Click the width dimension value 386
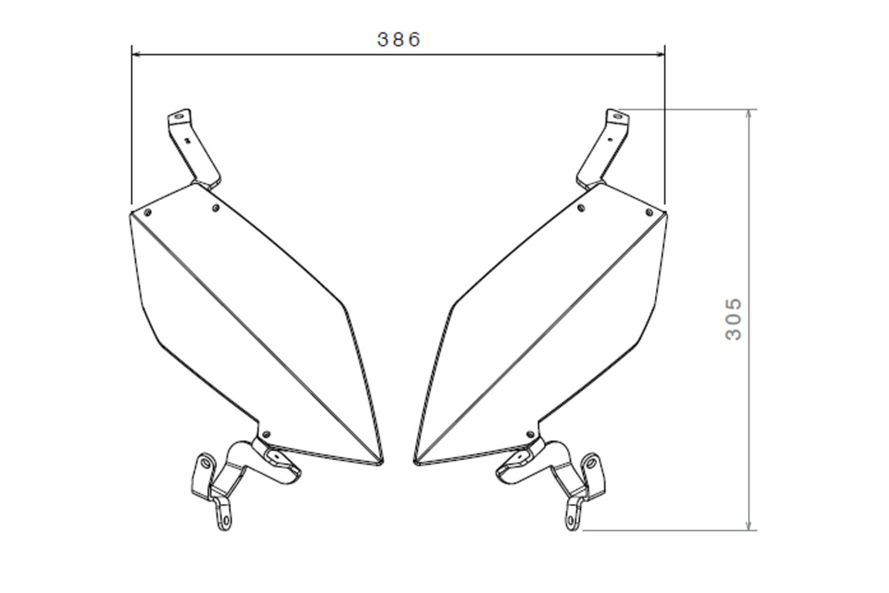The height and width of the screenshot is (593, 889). (x=399, y=39)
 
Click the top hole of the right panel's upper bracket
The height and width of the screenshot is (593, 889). (x=616, y=117)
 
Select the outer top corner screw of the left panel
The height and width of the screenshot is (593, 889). (x=148, y=211)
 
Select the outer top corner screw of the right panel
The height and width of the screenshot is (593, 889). (x=649, y=212)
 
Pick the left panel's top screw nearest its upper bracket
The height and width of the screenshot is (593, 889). (x=215, y=207)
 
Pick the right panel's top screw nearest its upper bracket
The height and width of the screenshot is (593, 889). (x=582, y=208)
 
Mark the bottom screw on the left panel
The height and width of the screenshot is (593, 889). (x=267, y=434)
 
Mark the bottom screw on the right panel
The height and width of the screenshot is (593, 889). (x=529, y=434)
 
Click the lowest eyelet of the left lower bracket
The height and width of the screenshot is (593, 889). (x=224, y=520)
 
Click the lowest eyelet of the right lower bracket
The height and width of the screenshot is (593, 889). (x=572, y=520)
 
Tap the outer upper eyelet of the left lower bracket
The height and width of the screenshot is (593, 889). (x=205, y=463)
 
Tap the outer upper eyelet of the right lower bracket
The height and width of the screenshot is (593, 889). (x=591, y=463)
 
